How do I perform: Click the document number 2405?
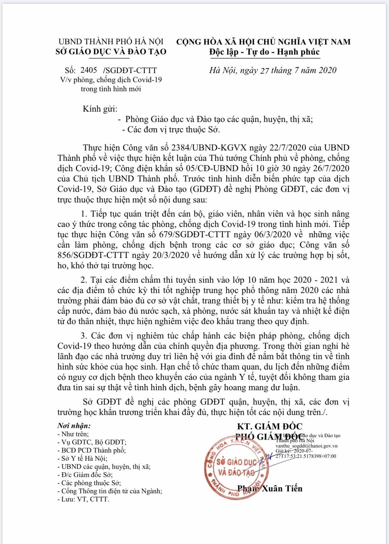tap(89, 70)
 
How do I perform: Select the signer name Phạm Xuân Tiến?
tap(270, 489)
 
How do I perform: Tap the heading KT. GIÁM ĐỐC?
tap(270, 426)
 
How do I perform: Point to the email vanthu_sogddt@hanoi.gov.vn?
tap(306, 446)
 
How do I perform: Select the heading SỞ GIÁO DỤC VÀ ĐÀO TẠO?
tap(111, 52)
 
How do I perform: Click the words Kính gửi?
tap(100, 109)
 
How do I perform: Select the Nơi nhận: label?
tap(74, 426)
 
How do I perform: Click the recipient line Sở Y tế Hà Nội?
tap(84, 458)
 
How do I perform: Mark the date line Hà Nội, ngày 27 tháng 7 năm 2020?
tap(273, 70)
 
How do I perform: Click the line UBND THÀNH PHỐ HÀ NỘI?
tap(111, 42)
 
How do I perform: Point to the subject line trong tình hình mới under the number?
tap(111, 89)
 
